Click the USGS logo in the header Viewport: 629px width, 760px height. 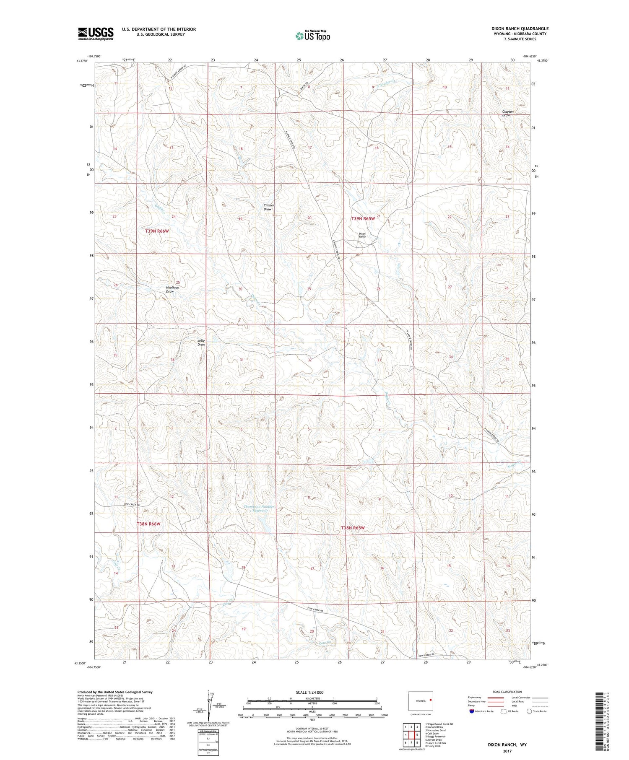pyautogui.click(x=96, y=34)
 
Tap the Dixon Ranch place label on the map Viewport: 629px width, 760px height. pyautogui.click(x=362, y=235)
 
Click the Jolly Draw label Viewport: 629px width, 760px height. pyautogui.click(x=201, y=342)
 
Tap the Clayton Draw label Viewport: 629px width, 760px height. pyautogui.click(x=508, y=113)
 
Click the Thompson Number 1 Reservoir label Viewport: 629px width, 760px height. pyautogui.click(x=259, y=508)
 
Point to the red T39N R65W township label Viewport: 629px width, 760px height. pyautogui.click(x=363, y=218)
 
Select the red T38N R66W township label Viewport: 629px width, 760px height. pyautogui.click(x=149, y=524)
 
